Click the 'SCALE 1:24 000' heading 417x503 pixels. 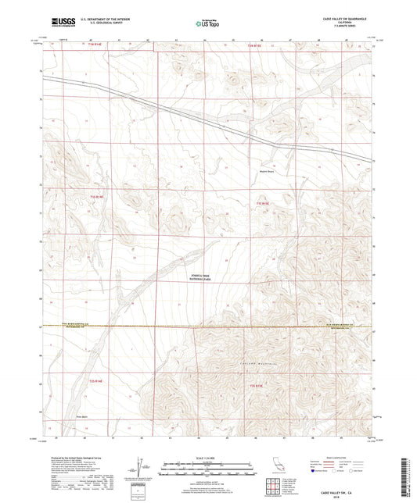(207, 458)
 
